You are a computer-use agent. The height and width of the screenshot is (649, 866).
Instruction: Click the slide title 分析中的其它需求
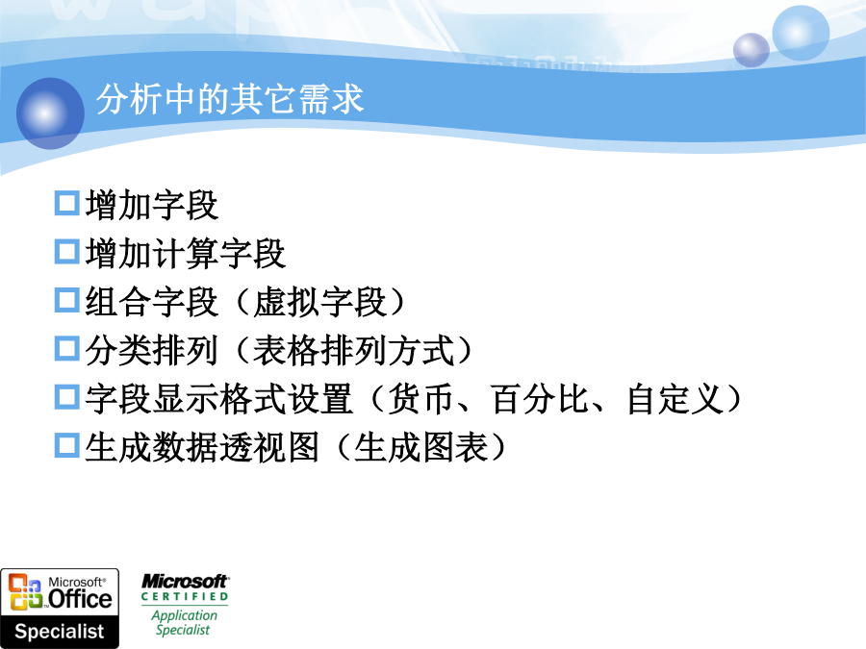click(230, 99)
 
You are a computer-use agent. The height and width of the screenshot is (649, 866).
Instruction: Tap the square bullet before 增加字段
click(67, 203)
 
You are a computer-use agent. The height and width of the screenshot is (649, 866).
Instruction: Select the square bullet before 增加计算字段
click(67, 251)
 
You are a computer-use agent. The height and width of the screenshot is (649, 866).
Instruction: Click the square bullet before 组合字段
click(67, 300)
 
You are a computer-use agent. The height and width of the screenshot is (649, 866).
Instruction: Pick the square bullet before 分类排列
click(67, 348)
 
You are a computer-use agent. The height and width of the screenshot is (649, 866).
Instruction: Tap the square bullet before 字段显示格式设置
click(67, 397)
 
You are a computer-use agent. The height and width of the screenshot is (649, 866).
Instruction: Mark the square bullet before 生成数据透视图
click(67, 445)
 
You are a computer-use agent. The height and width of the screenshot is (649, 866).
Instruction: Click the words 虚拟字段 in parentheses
click(319, 302)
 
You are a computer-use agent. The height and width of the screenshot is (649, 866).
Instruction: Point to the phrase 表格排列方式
click(353, 350)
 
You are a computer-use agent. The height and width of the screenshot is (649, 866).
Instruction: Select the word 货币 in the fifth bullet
click(420, 399)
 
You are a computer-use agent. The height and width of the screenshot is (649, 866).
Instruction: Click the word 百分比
click(539, 399)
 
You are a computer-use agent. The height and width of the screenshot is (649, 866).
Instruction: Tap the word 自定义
click(675, 399)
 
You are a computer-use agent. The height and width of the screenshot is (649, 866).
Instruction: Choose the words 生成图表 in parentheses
click(420, 447)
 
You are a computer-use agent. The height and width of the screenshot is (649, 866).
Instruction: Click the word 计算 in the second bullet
click(185, 253)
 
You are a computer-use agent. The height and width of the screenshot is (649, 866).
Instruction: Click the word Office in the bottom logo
click(80, 599)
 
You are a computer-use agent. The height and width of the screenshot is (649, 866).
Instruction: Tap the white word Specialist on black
click(59, 632)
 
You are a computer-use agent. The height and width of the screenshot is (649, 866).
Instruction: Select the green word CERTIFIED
click(185, 596)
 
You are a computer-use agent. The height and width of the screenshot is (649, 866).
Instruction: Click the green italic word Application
click(185, 615)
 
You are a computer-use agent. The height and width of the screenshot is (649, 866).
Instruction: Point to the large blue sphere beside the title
click(50, 113)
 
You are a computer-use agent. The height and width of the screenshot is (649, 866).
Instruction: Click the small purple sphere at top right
click(751, 50)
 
